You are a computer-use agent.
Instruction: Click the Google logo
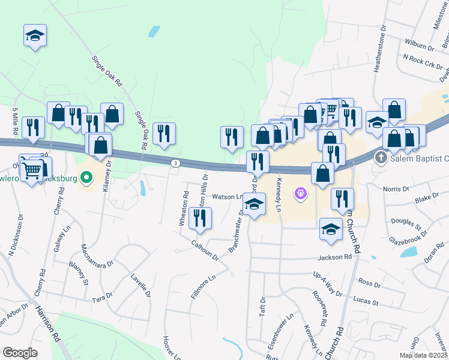20,352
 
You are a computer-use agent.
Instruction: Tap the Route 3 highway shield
175,163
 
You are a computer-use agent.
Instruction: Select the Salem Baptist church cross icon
380,158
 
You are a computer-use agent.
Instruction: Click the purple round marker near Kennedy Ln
301,194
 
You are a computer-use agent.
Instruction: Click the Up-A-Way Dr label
327,284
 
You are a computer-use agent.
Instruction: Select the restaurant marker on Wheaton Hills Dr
200,218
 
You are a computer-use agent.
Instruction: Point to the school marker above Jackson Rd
330,229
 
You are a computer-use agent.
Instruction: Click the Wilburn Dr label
419,45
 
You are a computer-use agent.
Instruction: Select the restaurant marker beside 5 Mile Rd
33,127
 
